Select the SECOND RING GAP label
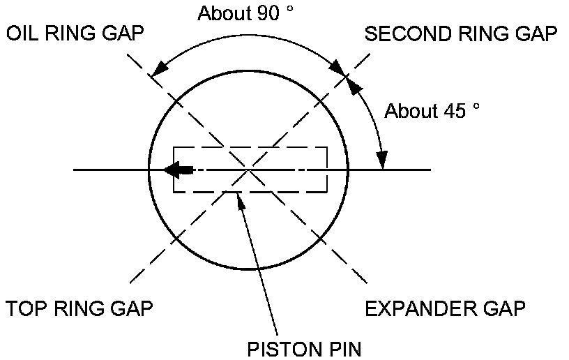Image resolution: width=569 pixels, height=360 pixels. pyautogui.click(x=461, y=34)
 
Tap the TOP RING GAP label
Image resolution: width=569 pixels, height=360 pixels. pyautogui.click(x=79, y=308)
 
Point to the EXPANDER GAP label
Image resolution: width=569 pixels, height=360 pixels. pyautogui.click(x=444, y=308)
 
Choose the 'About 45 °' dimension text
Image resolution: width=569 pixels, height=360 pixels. pyautogui.click(x=433, y=111)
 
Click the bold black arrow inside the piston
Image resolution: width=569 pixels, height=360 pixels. pyautogui.click(x=180, y=170)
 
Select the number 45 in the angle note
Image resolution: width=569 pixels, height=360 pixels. pyautogui.click(x=457, y=111)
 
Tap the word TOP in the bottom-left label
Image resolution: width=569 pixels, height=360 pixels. pyautogui.click(x=25, y=308)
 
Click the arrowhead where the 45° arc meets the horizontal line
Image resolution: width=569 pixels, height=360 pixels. pyautogui.click(x=381, y=162)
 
